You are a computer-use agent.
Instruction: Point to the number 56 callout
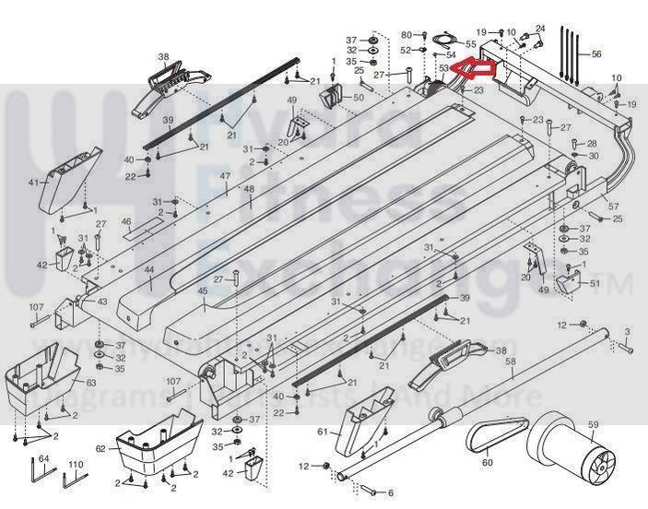(596, 54)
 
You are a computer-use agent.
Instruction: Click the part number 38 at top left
(163, 55)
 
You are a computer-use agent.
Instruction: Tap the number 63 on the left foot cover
(90, 382)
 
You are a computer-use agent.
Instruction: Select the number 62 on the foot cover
(101, 449)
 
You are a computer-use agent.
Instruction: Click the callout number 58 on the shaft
(510, 362)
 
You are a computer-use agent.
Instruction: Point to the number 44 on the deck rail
(148, 270)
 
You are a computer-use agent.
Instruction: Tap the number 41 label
(33, 183)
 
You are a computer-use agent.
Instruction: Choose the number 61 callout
(323, 432)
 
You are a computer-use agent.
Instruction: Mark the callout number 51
(595, 283)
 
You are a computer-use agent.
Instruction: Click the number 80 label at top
(406, 35)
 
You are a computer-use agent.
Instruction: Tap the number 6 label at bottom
(390, 493)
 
